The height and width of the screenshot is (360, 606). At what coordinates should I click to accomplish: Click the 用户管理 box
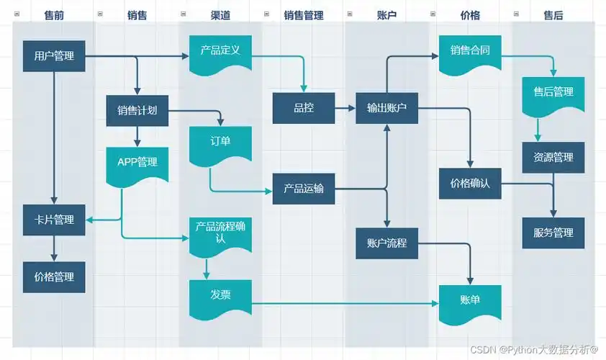[x=54, y=55]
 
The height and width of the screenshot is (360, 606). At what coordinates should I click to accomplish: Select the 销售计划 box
[x=137, y=110]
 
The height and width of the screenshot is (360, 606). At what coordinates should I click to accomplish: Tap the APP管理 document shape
[x=137, y=162]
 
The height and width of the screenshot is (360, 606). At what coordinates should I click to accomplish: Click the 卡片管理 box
[x=54, y=220]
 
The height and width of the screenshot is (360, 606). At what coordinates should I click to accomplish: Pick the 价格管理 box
[x=54, y=276]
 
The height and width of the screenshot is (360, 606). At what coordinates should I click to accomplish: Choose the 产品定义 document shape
[x=220, y=52]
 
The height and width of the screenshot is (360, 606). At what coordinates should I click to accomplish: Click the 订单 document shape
[x=220, y=141]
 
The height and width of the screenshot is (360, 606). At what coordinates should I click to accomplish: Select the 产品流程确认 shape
[x=220, y=232]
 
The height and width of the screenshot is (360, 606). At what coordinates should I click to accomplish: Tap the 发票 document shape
[x=220, y=294]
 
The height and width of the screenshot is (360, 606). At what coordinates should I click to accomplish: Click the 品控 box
[x=303, y=108]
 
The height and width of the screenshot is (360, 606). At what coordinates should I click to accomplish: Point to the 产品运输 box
[x=303, y=189]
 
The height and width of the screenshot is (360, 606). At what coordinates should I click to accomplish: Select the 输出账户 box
[x=387, y=108]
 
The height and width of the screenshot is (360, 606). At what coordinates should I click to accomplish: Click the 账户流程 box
[x=387, y=243]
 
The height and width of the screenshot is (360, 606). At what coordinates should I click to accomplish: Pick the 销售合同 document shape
[x=470, y=52]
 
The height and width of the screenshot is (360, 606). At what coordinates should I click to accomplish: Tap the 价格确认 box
[x=470, y=183]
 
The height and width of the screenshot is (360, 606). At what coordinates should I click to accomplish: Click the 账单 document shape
[x=470, y=299]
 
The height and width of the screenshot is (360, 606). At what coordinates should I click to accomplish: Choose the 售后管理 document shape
[x=553, y=93]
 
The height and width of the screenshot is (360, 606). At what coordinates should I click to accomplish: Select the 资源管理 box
[x=553, y=157]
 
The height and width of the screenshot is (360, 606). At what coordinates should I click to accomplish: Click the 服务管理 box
[x=553, y=233]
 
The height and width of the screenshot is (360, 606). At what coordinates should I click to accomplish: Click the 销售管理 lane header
[x=303, y=14]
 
